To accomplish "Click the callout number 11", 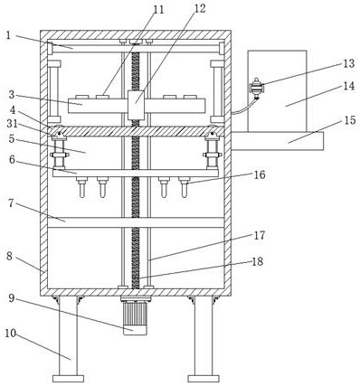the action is (158, 9).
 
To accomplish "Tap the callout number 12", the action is (200, 8).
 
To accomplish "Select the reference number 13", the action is (348, 63).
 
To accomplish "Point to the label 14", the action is (349, 86).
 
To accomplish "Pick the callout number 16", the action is (259, 174).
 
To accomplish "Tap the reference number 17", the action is (259, 235).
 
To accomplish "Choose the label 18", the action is (257, 261).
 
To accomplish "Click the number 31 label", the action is (12, 124).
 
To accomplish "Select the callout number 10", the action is (10, 334).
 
